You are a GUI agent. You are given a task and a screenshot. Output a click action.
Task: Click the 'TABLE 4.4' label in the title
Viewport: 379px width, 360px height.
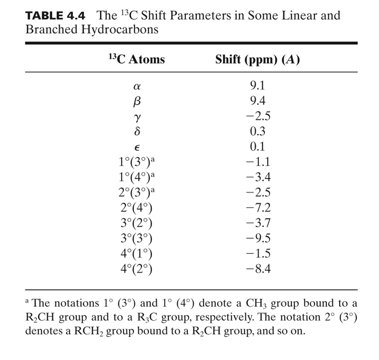[55, 15]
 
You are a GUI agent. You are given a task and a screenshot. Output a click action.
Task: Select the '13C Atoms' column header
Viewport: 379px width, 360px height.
[136, 59]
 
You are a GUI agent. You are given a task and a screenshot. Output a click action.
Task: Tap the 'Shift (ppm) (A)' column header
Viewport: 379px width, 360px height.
[257, 59]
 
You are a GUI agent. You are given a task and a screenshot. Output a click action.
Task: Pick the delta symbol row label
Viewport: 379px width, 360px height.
[136, 131]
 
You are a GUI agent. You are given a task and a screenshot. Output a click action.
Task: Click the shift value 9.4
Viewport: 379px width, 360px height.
[257, 101]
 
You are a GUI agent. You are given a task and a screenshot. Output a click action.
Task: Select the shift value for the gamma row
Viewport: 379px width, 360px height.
[257, 116]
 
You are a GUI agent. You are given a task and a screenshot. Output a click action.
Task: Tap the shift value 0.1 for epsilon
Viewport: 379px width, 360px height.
[257, 147]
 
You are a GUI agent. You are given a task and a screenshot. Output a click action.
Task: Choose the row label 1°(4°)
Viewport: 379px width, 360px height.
[137, 177]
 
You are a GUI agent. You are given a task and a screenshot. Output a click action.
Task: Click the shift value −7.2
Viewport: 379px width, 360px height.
[257, 208]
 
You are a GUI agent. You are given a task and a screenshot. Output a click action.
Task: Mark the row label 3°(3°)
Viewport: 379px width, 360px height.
[136, 239]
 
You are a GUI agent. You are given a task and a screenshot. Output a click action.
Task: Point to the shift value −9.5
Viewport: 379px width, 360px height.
[257, 239]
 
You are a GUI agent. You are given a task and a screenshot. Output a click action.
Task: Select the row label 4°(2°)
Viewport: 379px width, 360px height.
[136, 269]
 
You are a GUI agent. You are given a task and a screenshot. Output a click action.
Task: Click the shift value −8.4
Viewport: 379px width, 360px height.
[257, 269]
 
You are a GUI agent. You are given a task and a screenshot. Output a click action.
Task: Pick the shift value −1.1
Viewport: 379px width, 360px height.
[257, 162]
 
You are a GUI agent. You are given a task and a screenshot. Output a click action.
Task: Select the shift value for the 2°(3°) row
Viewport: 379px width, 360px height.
[257, 192]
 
